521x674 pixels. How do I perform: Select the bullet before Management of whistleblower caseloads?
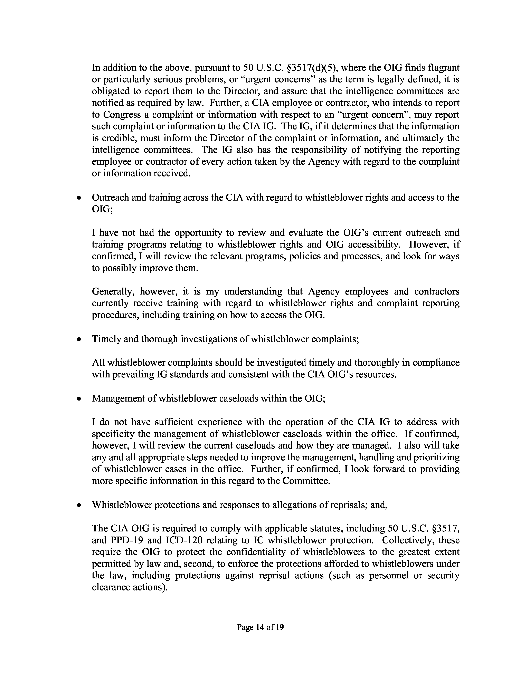pos(80,399)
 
